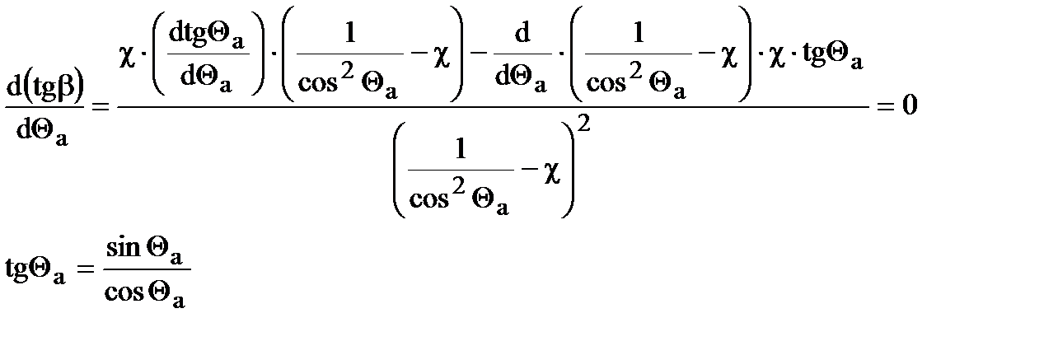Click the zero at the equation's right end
[910, 107]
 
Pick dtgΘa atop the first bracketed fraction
[209, 35]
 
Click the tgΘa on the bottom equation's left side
[35, 273]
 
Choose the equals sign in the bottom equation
[87, 273]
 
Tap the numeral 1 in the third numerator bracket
[639, 33]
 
